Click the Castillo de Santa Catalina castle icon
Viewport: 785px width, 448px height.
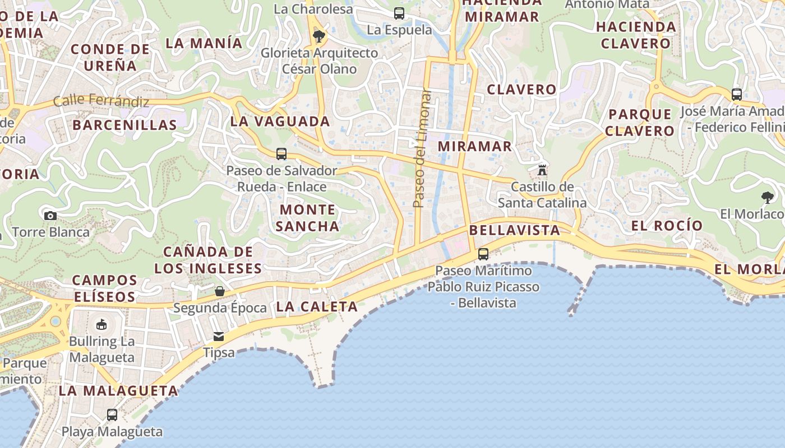click(x=542, y=170)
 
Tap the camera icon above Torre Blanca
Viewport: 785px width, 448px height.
click(x=50, y=216)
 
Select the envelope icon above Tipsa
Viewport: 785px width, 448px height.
click(x=219, y=337)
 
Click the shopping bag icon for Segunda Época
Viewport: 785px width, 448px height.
click(x=220, y=291)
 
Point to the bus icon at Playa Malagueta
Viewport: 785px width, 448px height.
click(x=112, y=415)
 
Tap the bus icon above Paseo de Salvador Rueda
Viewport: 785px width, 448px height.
click(x=281, y=154)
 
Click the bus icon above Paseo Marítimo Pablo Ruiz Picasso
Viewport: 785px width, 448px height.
click(x=483, y=254)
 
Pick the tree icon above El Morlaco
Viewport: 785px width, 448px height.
click(x=768, y=197)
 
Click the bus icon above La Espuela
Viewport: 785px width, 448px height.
click(x=399, y=13)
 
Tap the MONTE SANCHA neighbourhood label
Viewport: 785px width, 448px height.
click(x=307, y=218)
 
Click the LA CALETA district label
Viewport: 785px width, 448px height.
click(x=317, y=306)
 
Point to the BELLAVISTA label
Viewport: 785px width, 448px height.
click(x=515, y=230)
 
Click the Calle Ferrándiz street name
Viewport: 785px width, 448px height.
click(x=101, y=101)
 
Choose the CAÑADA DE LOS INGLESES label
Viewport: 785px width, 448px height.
click(x=208, y=260)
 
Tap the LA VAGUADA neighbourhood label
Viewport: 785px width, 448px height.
click(x=280, y=121)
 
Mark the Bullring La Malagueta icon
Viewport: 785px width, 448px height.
click(x=101, y=325)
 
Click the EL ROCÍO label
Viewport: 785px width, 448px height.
click(x=667, y=226)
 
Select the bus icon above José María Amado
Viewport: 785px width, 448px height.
click(x=737, y=95)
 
